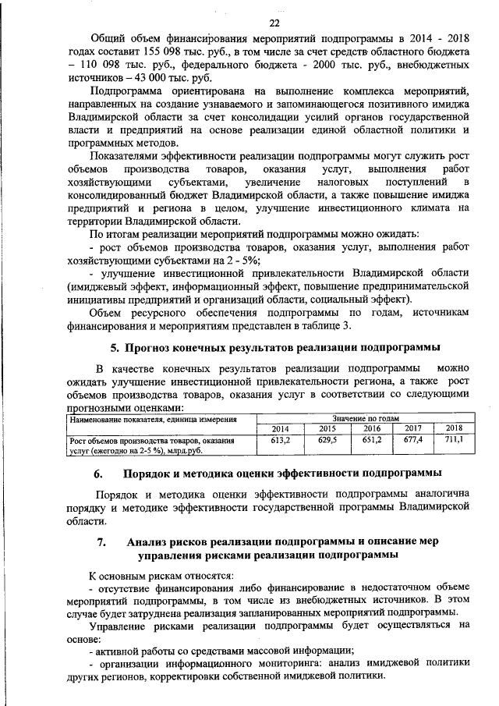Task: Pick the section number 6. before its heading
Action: tap(98, 474)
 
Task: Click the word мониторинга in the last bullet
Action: tap(260, 663)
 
